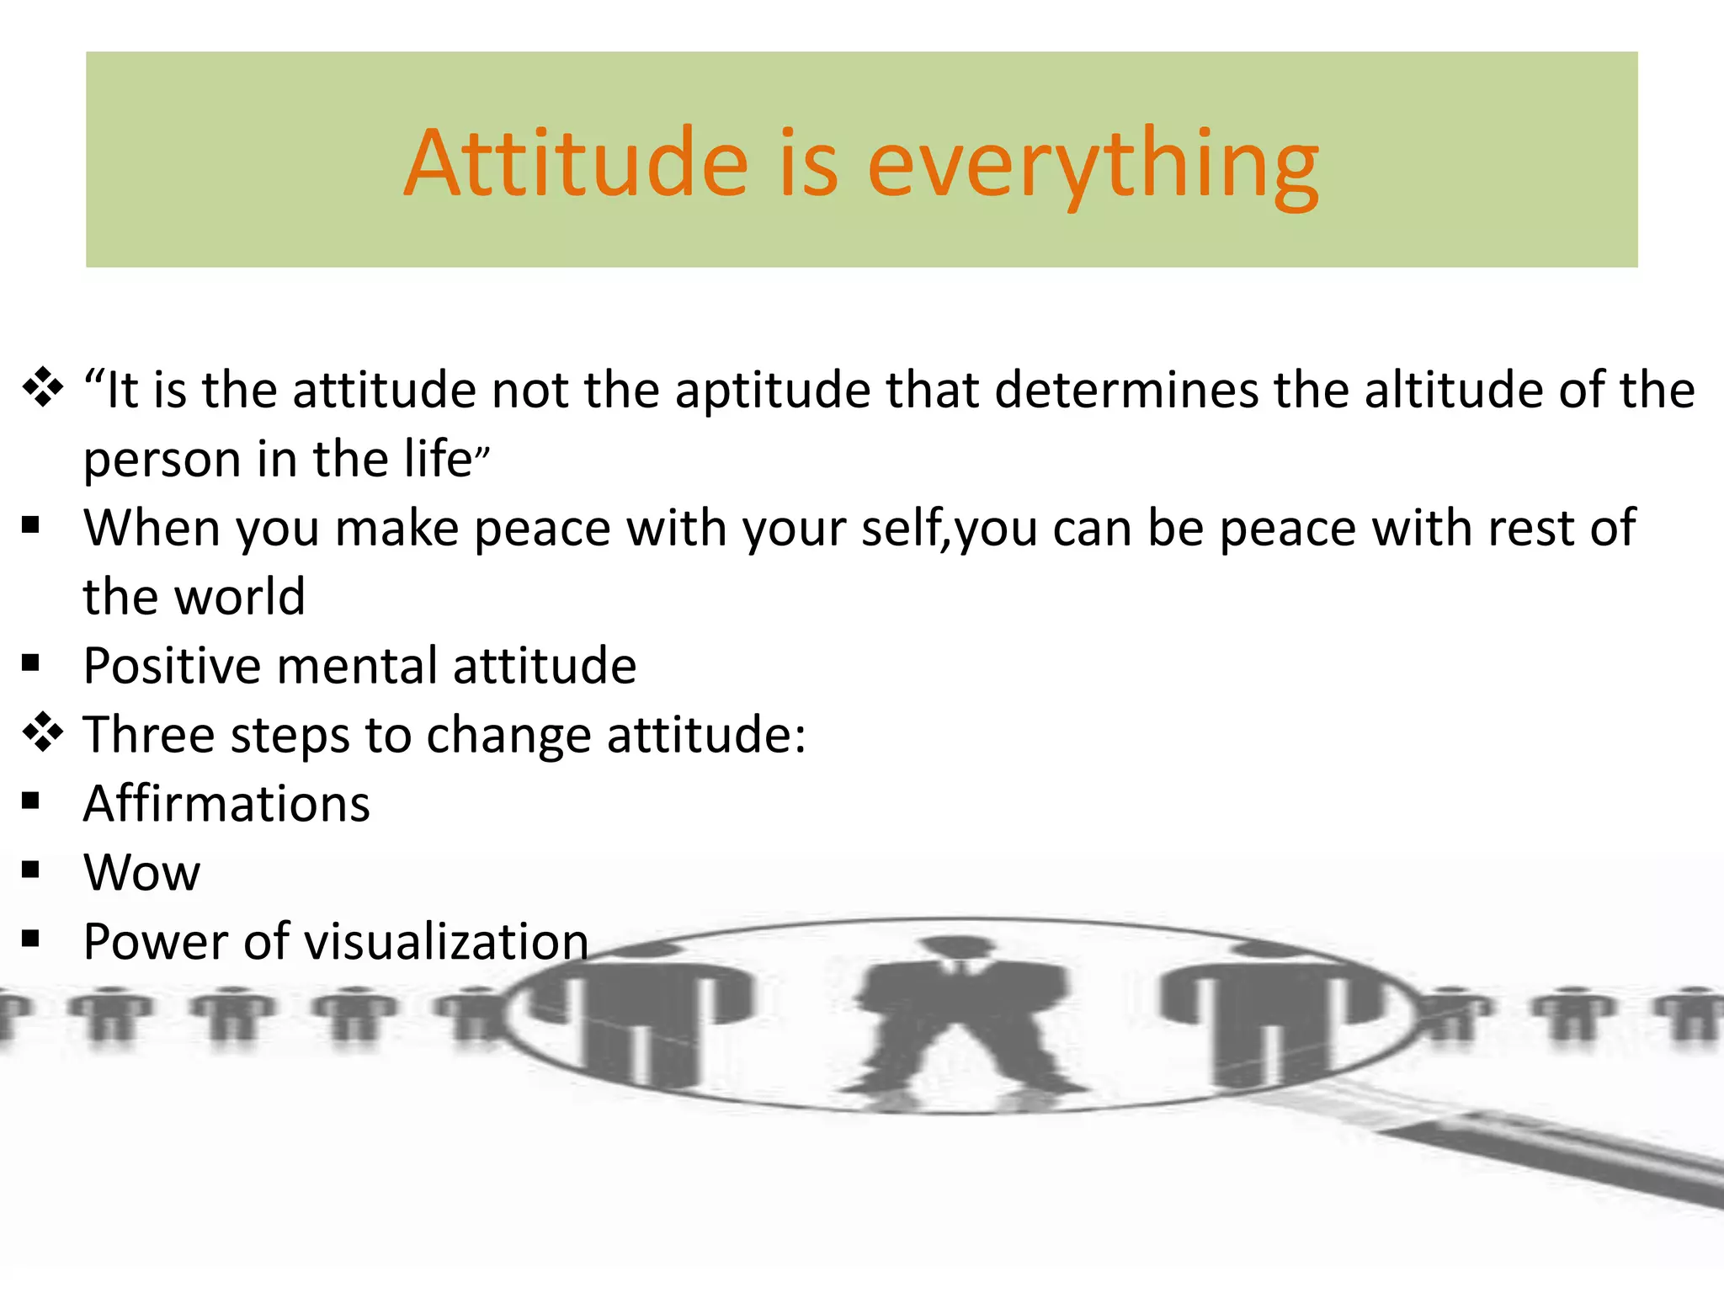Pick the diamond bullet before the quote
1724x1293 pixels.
[42, 389]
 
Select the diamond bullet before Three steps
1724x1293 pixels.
[42, 732]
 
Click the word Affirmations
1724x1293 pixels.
[226, 804]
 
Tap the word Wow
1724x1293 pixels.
[141, 872]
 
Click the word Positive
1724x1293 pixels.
[173, 667]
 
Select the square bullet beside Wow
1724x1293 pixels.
[31, 870]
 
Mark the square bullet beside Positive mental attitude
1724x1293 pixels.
[31, 663]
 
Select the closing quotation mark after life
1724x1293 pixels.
[482, 457]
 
